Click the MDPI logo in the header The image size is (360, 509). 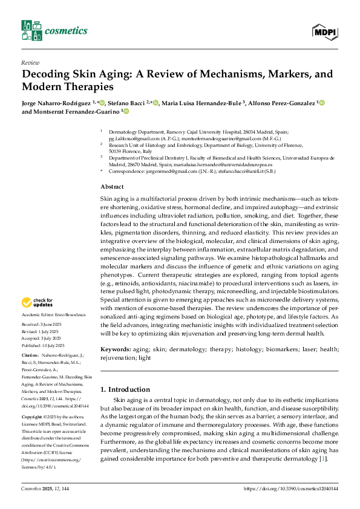tap(325, 31)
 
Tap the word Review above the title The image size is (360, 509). tap(30, 62)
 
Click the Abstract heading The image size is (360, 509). tap(112, 187)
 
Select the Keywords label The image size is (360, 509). tap(116, 349)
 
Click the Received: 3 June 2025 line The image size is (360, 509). tap(41, 325)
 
